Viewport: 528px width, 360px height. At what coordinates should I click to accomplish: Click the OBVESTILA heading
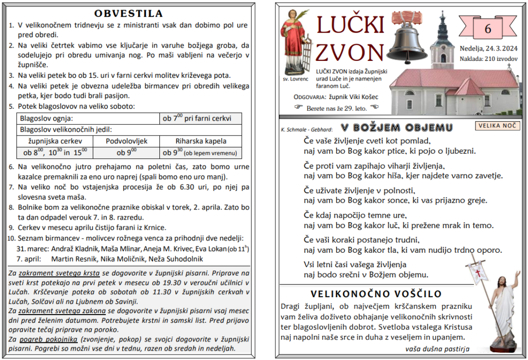(x=129, y=14)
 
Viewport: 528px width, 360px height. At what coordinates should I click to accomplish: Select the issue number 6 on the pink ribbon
(x=488, y=29)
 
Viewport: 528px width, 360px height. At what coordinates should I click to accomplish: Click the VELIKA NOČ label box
(x=497, y=125)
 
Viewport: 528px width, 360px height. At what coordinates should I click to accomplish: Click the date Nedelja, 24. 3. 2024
(x=488, y=50)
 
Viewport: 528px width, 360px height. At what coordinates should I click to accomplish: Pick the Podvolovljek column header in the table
(x=127, y=141)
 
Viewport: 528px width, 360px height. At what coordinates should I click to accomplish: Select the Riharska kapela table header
(x=201, y=141)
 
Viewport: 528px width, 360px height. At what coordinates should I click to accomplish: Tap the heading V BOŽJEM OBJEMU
(x=397, y=128)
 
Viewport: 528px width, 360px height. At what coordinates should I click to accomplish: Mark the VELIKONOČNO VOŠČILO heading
(x=376, y=294)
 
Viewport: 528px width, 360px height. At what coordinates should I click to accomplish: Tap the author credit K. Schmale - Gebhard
(x=307, y=129)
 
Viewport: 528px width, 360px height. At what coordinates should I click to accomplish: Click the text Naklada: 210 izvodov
(x=488, y=59)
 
